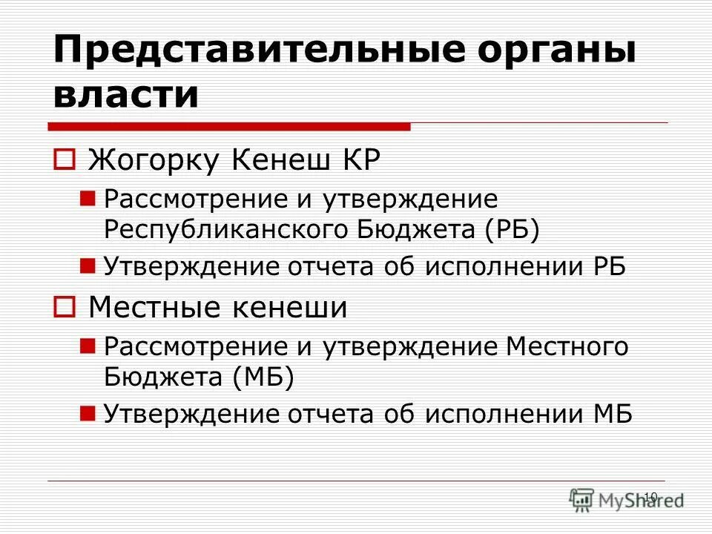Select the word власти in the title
point(127,96)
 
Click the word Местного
point(567,346)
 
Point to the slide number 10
point(650,496)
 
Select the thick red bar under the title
point(231,126)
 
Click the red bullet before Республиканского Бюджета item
point(87,198)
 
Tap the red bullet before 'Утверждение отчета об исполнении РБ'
point(87,264)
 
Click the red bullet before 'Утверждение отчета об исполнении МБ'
point(87,412)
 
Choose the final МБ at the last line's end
point(612,413)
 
